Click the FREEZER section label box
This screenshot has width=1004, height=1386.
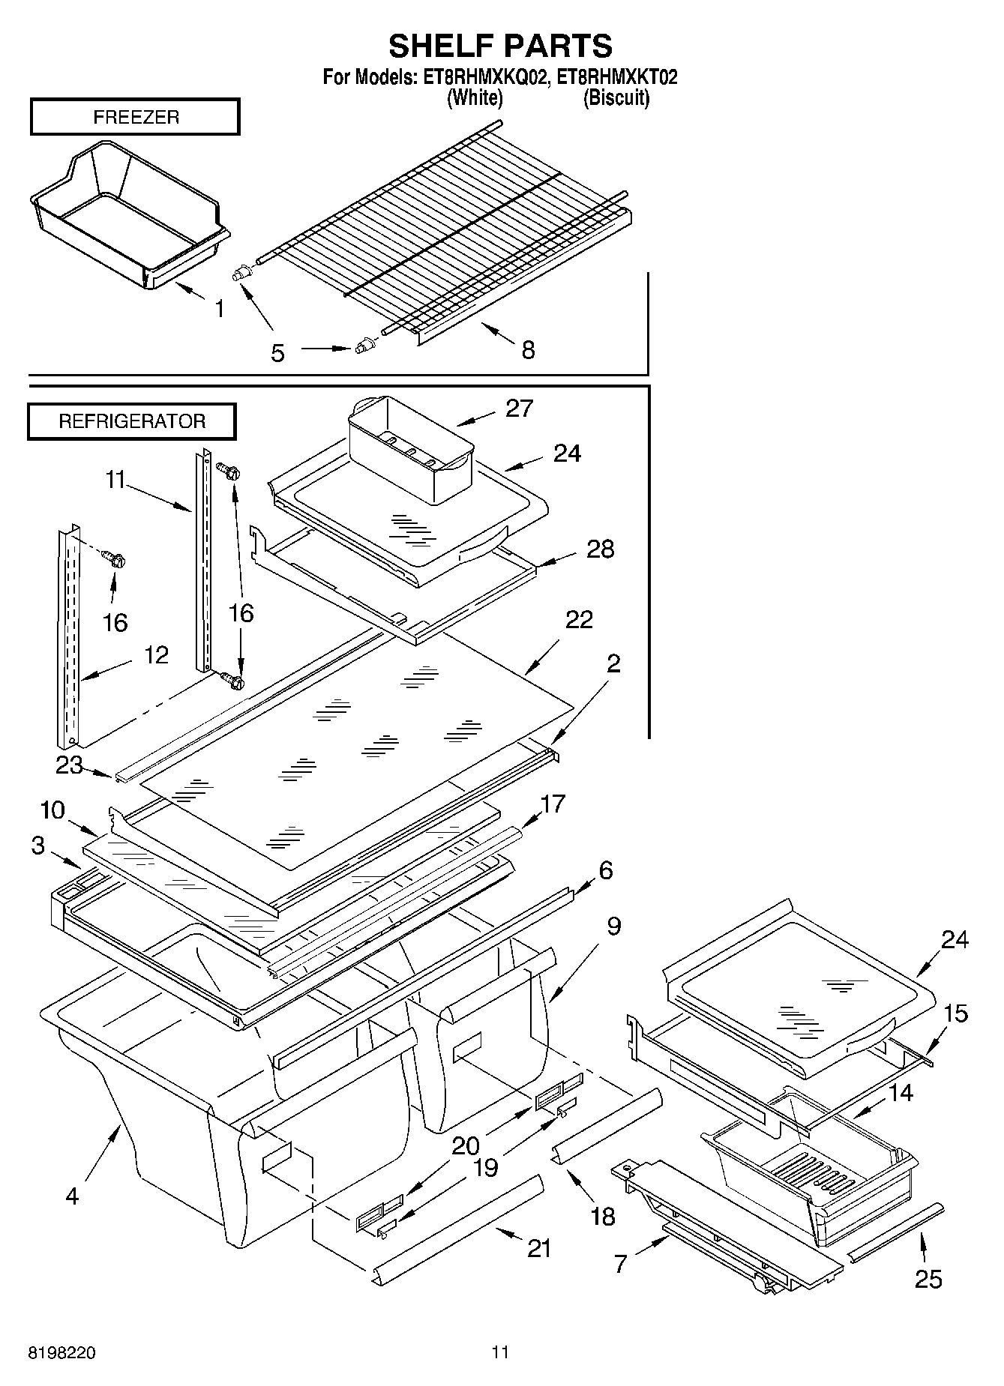[x=135, y=117]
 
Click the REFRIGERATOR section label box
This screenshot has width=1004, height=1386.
[x=132, y=421]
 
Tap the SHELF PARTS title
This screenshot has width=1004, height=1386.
[x=500, y=46]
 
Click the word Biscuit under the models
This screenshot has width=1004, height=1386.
[x=616, y=97]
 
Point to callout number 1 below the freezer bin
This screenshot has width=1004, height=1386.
[x=219, y=308]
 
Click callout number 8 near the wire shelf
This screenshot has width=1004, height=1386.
[x=528, y=349]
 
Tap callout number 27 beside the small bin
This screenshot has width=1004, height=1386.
[x=519, y=409]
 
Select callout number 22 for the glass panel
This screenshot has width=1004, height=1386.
[x=579, y=619]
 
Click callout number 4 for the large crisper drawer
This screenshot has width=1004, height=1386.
[x=72, y=1196]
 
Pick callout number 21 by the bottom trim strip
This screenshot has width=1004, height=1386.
[x=539, y=1248]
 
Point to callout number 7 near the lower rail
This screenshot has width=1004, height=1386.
[x=620, y=1264]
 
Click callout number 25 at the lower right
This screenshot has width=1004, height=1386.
[x=928, y=1279]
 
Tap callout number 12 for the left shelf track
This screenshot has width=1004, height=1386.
[x=156, y=655]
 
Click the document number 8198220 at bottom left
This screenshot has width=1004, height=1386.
[x=61, y=1353]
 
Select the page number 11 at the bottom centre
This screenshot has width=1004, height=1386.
[x=500, y=1352]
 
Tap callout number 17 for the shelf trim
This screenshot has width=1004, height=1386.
[x=553, y=804]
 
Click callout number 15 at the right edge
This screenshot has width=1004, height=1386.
[x=955, y=1013]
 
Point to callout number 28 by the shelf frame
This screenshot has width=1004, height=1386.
[x=600, y=549]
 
